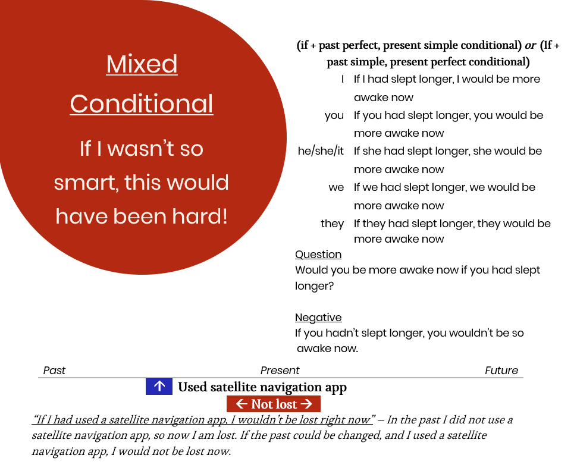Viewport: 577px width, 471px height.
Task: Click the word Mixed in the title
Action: (x=142, y=64)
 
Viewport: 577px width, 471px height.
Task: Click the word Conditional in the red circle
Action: (x=142, y=104)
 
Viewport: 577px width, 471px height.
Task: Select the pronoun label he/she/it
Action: (x=321, y=151)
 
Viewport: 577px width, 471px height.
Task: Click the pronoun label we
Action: (x=336, y=187)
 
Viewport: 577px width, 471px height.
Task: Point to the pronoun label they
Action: (x=332, y=224)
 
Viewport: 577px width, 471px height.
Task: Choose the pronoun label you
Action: (x=334, y=115)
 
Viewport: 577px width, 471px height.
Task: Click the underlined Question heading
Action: (x=318, y=255)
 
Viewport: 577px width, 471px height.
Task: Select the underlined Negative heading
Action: (x=318, y=318)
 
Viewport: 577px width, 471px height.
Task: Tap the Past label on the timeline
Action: (x=54, y=370)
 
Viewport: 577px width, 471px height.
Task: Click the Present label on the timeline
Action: (x=280, y=370)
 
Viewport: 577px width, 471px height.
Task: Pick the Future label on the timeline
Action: (x=501, y=370)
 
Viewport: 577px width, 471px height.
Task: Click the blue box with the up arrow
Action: (x=159, y=387)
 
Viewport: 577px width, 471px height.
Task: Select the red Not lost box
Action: (x=274, y=404)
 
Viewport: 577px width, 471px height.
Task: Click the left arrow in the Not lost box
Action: (x=242, y=404)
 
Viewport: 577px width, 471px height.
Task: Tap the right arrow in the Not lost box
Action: (x=306, y=404)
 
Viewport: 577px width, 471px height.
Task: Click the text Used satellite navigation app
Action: (x=262, y=388)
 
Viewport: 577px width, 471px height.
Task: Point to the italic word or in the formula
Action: (x=530, y=46)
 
